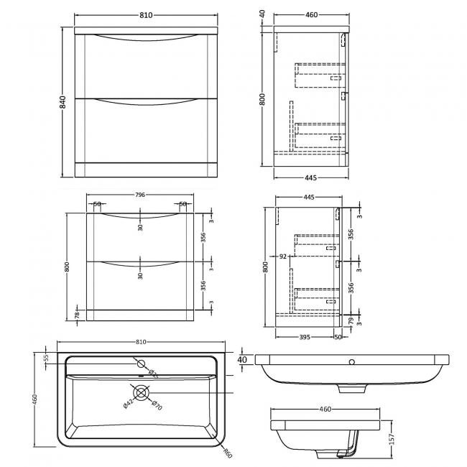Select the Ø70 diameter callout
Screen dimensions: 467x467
tap(155, 407)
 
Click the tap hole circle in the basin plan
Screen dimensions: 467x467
tap(141, 363)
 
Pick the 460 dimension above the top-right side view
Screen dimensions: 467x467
tap(310, 14)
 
